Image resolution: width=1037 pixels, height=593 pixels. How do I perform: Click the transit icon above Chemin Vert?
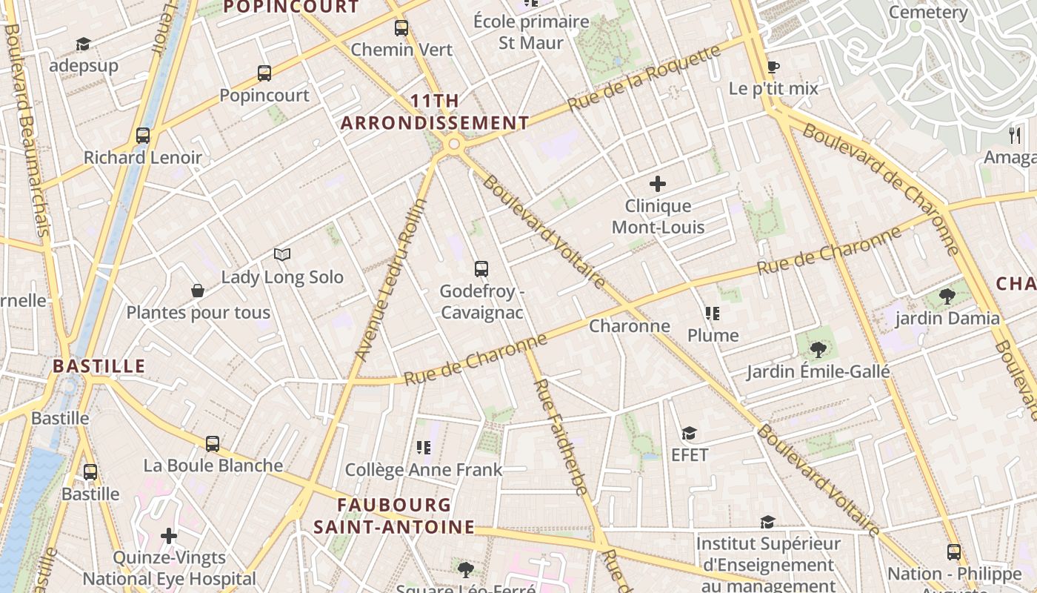401,28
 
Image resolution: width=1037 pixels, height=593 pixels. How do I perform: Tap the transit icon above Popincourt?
264,73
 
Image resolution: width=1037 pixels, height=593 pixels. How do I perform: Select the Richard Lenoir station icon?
143,136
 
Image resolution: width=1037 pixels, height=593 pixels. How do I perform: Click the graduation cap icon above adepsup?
83,44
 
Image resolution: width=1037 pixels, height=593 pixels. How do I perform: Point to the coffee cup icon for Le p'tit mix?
773,67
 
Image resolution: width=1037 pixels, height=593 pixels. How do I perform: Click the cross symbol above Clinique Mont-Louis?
657,184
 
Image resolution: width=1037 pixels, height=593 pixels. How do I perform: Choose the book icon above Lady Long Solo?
281,255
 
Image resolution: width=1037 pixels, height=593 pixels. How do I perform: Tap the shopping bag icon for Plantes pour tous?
198,291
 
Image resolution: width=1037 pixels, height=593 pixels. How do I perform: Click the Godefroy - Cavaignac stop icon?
481,269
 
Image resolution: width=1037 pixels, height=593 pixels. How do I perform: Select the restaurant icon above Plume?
713,314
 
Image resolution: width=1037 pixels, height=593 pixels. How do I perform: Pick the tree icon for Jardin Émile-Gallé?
818,349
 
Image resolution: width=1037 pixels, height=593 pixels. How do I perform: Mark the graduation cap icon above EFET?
690,433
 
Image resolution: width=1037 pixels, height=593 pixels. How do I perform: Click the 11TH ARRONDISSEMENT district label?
435,112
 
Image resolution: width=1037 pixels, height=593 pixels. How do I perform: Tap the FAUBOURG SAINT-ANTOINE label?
394,516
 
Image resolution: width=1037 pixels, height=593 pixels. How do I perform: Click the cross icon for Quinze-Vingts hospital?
169,535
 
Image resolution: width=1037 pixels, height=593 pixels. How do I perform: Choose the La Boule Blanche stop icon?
213,444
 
